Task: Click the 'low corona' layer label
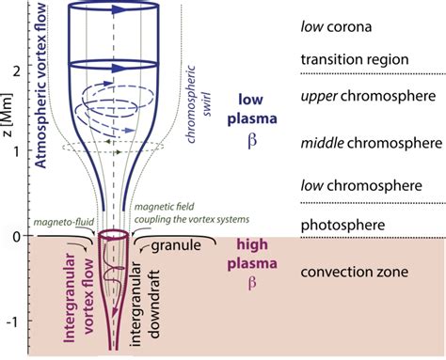[x=336, y=27]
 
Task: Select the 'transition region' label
[x=355, y=59]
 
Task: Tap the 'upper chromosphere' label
[x=368, y=97]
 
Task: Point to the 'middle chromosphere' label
[x=372, y=143]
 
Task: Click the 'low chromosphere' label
[x=361, y=186]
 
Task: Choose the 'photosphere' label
[x=342, y=226]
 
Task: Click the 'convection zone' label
[x=355, y=272]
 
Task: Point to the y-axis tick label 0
[x=16, y=237]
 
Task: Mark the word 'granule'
[x=176, y=245]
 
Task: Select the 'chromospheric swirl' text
[x=198, y=104]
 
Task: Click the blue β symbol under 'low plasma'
[x=252, y=140]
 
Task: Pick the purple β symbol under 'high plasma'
[x=252, y=283]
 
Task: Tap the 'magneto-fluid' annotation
[x=64, y=222]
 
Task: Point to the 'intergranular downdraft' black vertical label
[x=145, y=304]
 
